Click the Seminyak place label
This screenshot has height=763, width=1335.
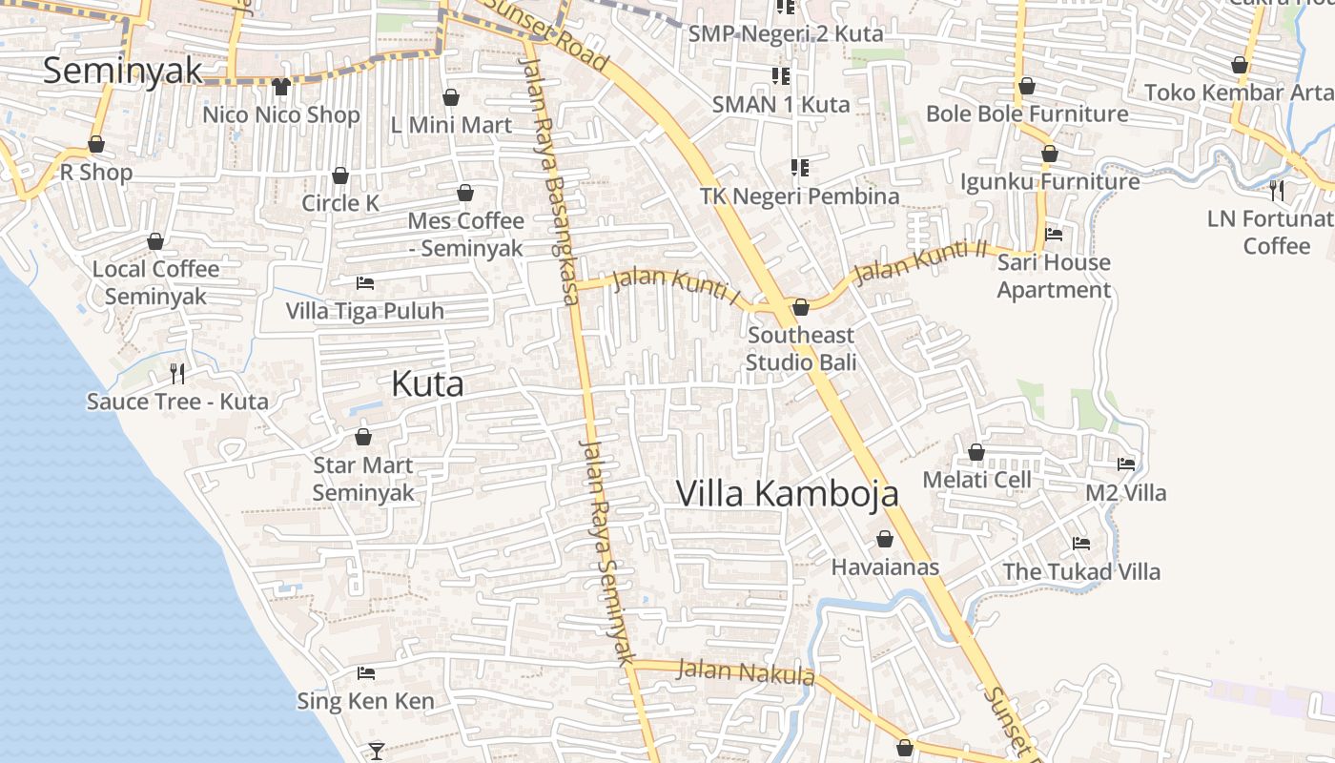[x=123, y=71]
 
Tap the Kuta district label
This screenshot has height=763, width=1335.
[x=427, y=383]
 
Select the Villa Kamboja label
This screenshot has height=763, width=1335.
[x=787, y=493]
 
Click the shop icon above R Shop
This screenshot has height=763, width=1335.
[x=96, y=144]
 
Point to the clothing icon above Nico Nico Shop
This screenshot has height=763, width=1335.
[x=280, y=87]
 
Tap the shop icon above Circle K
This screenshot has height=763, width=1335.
[x=340, y=175]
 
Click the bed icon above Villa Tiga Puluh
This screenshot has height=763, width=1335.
[x=364, y=282]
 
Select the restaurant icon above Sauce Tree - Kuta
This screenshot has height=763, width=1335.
[x=176, y=373]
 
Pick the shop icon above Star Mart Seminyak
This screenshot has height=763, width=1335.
[x=363, y=437]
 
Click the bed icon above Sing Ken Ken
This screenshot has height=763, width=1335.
[x=365, y=673]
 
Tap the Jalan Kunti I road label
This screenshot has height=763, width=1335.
[x=677, y=287]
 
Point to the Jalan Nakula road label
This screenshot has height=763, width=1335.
[x=746, y=671]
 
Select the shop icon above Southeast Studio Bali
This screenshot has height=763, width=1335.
[x=801, y=307]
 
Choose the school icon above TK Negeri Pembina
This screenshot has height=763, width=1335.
[x=799, y=168]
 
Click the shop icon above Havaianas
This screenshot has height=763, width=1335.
[x=885, y=539]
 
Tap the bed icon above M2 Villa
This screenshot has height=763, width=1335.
[x=1126, y=464]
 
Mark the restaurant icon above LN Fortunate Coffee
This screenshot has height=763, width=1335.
[x=1277, y=191]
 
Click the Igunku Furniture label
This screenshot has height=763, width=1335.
[x=1050, y=181]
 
